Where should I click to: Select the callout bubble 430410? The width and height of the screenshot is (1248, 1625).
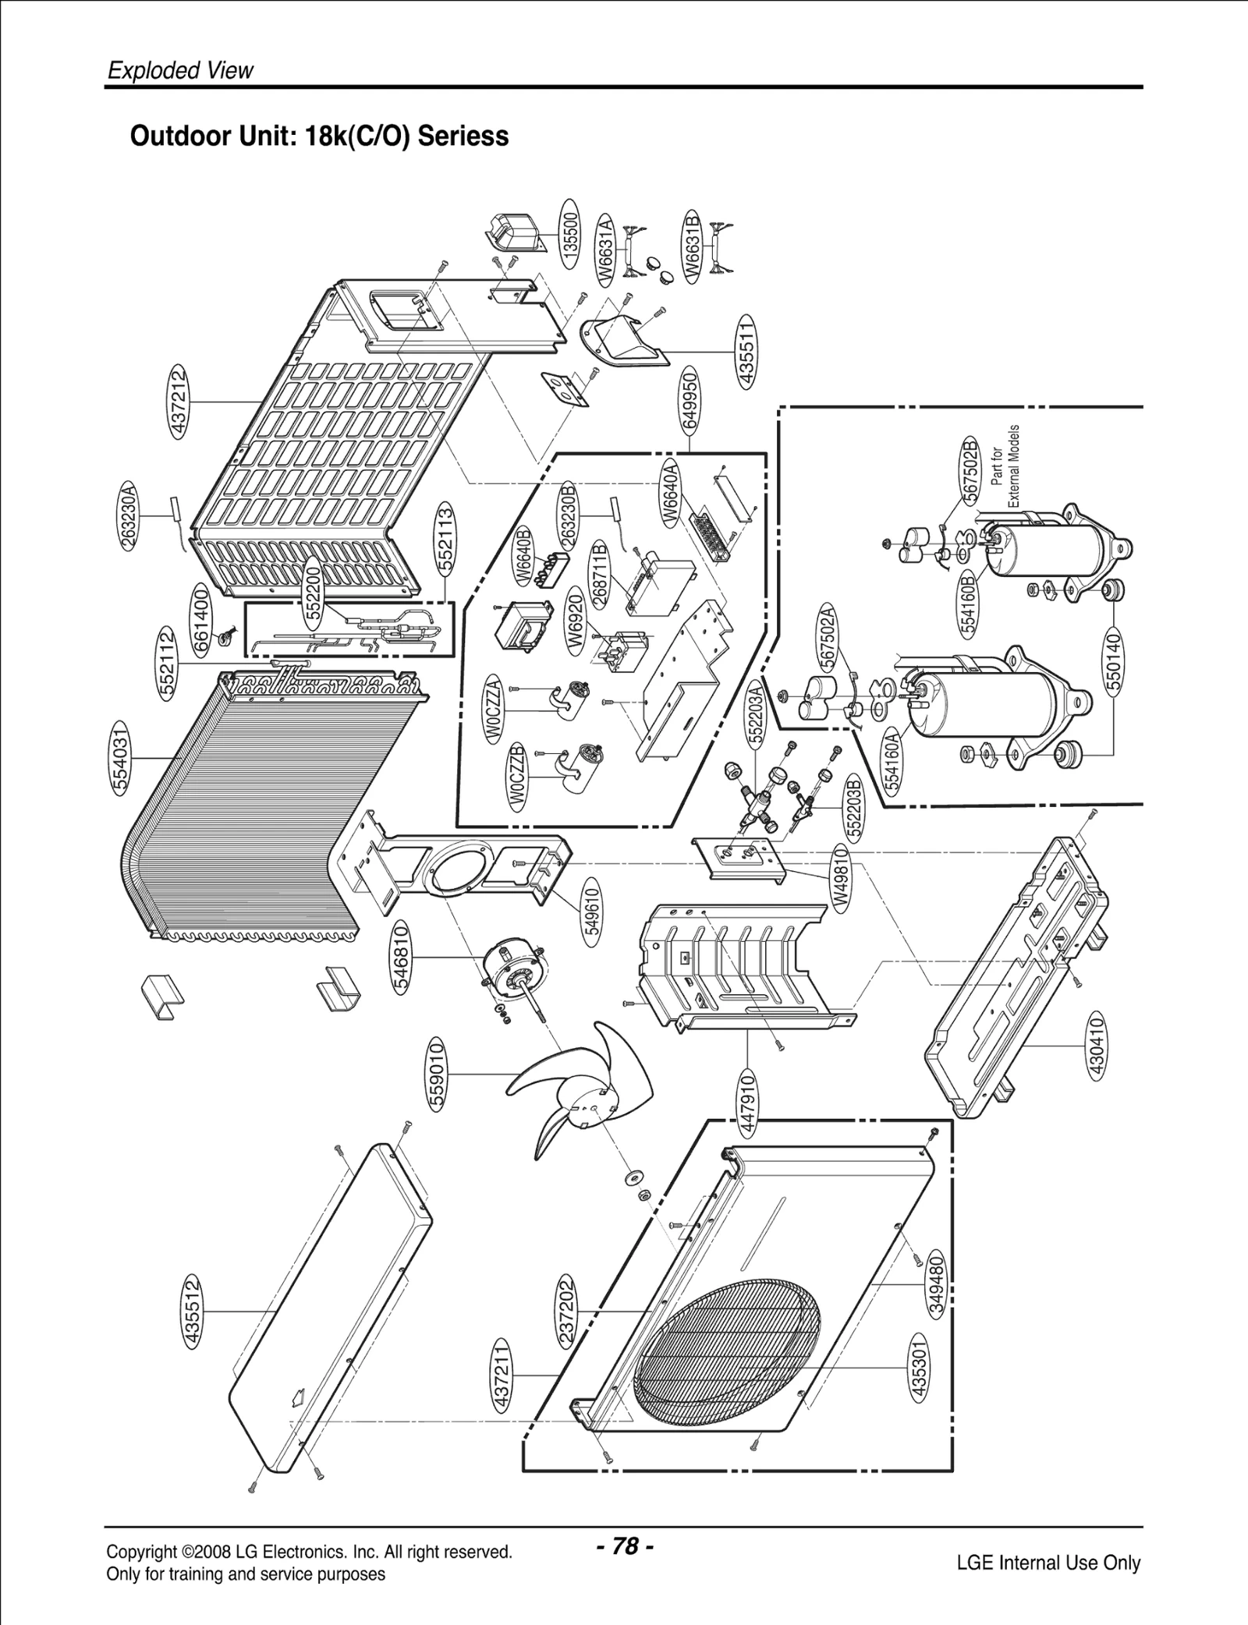pyautogui.click(x=1096, y=1044)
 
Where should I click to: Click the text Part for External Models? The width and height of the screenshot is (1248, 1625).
pyautogui.click(x=1005, y=466)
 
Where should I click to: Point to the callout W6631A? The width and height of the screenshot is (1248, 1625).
pyautogui.click(x=606, y=251)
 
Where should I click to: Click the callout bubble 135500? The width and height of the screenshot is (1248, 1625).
pyautogui.click(x=572, y=235)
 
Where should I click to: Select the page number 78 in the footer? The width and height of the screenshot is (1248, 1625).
pyautogui.click(x=625, y=1545)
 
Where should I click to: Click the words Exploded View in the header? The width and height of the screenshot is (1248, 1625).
pyautogui.click(x=180, y=71)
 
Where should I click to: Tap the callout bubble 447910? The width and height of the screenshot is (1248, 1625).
pyautogui.click(x=747, y=1101)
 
